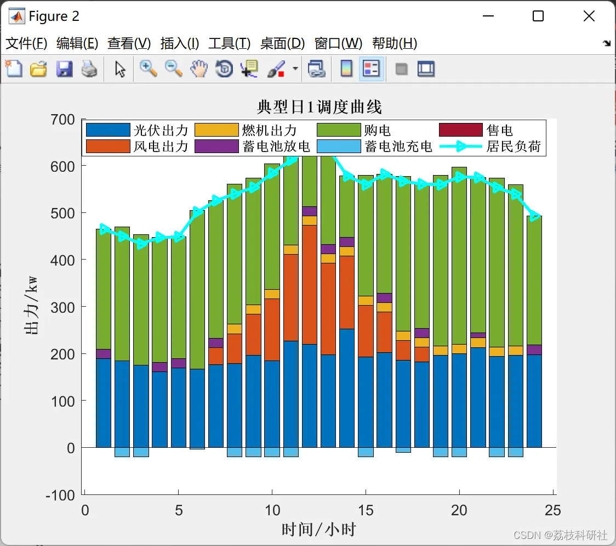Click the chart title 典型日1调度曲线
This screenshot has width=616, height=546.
(319, 107)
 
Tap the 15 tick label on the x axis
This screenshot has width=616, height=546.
(366, 510)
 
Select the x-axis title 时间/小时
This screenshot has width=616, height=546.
(319, 530)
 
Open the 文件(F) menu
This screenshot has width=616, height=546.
(26, 43)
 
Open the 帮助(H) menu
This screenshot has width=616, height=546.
(394, 43)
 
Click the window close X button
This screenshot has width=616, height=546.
(589, 16)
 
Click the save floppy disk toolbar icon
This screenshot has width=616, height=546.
(64, 69)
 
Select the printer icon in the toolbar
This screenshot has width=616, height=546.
(89, 69)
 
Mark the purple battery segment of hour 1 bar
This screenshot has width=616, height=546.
(104, 354)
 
